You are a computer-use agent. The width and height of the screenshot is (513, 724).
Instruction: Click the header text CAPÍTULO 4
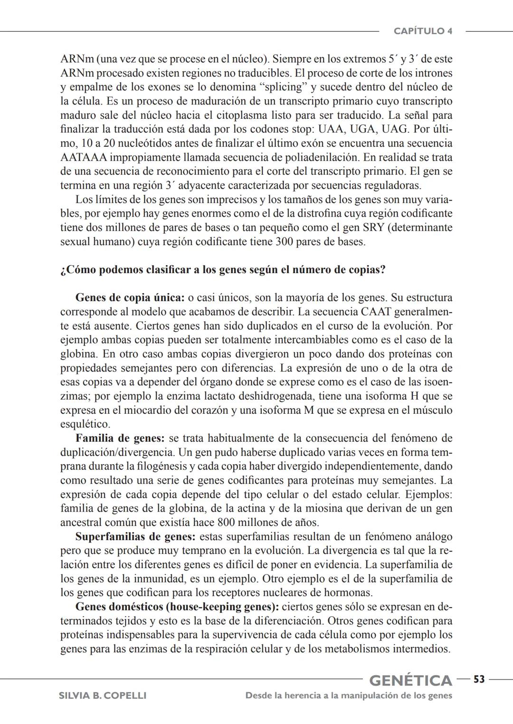click(x=423, y=31)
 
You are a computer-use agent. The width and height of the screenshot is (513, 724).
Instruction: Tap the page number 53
click(x=479, y=680)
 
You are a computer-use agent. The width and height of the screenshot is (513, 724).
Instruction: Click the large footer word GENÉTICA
click(x=411, y=680)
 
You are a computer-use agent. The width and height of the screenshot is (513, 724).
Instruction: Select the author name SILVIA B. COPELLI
click(x=102, y=695)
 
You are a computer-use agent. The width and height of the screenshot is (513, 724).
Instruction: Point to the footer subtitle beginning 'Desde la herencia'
click(x=349, y=695)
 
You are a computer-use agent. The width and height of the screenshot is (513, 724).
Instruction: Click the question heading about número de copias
click(x=223, y=270)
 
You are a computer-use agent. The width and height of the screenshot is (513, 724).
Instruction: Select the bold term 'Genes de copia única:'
click(x=130, y=298)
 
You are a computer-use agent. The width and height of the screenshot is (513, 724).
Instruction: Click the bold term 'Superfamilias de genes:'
click(x=135, y=537)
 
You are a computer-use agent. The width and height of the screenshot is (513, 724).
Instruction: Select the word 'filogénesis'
click(x=165, y=466)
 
